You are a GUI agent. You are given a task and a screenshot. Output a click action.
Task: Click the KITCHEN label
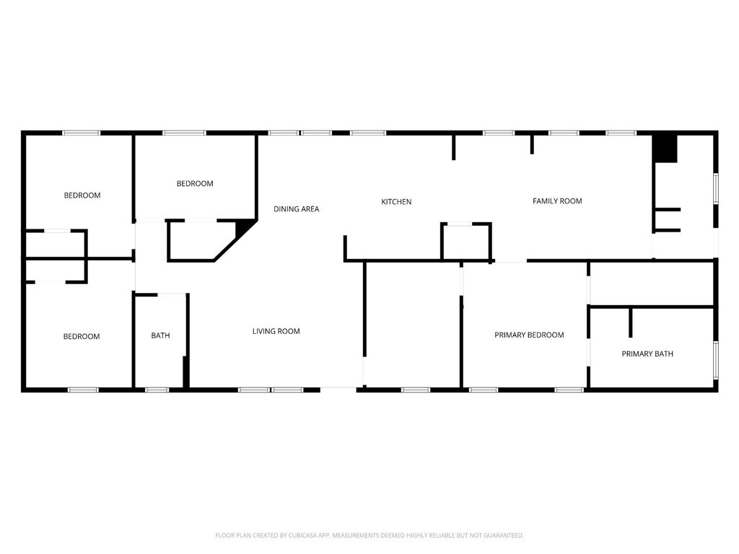click(x=396, y=202)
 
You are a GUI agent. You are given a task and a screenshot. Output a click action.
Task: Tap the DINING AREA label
click(x=296, y=209)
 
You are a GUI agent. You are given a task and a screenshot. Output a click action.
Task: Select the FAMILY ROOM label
click(x=557, y=201)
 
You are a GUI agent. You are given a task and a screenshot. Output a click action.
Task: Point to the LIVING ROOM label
click(x=276, y=332)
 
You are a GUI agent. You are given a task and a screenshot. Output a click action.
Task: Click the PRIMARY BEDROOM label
click(x=529, y=335)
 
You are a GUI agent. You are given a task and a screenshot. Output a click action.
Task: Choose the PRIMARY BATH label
click(x=647, y=354)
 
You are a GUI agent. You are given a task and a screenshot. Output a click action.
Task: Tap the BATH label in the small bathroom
click(x=160, y=336)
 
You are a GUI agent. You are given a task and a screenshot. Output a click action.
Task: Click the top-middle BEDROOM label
click(x=195, y=184)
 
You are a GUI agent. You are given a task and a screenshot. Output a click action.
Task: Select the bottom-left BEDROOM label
click(x=82, y=337)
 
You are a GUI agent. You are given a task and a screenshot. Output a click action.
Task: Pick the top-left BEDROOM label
click(x=82, y=195)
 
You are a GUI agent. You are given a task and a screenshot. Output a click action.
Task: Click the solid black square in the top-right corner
click(x=665, y=149)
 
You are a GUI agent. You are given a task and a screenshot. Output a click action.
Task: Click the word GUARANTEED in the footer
click(x=499, y=535)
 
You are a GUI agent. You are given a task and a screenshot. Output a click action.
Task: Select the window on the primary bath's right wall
click(x=716, y=359)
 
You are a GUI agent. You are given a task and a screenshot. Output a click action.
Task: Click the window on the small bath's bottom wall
click(x=157, y=390)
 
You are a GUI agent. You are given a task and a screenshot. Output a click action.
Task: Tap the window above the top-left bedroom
click(x=81, y=133)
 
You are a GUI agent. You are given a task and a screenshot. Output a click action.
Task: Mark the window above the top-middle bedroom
click(x=184, y=133)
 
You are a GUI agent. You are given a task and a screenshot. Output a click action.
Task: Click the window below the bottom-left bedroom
click(x=83, y=390)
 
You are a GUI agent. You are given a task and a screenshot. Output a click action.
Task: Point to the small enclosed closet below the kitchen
click(x=466, y=242)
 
